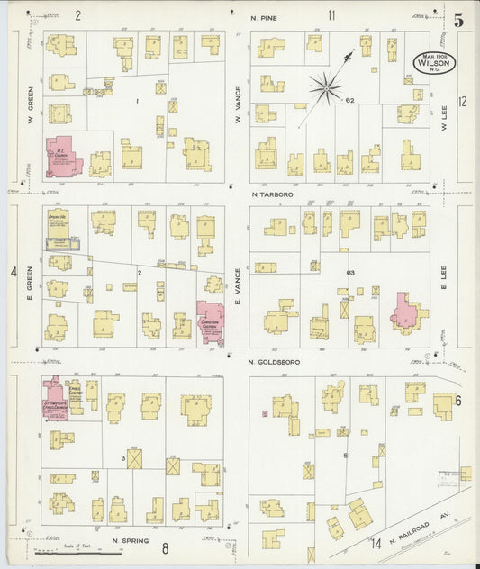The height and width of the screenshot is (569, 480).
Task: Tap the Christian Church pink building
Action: click(x=212, y=321)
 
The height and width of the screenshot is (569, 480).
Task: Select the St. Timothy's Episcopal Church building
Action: click(x=57, y=396)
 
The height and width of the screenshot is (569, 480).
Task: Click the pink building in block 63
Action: click(x=406, y=311)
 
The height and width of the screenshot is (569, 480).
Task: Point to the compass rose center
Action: click(x=325, y=88)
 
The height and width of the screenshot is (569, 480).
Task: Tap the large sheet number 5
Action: click(x=458, y=19)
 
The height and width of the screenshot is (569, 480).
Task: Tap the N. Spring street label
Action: click(x=130, y=541)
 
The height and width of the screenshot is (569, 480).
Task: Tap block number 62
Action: click(x=350, y=101)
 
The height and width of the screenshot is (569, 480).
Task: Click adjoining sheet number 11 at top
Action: click(x=331, y=14)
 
